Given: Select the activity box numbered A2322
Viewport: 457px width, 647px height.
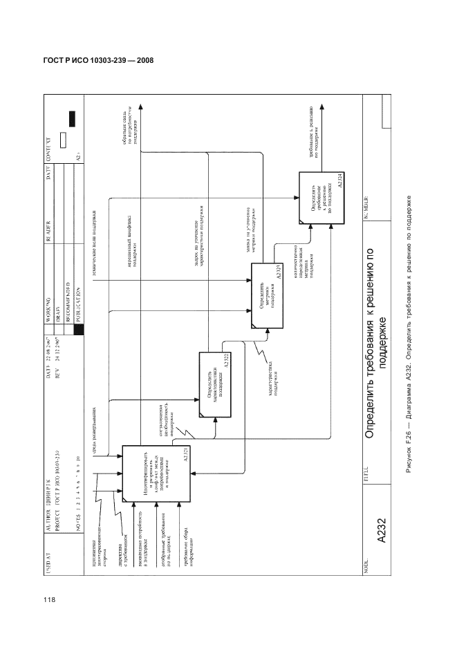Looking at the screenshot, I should tap(214, 384).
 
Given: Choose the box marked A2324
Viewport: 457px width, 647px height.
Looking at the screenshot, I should tap(322, 197).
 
